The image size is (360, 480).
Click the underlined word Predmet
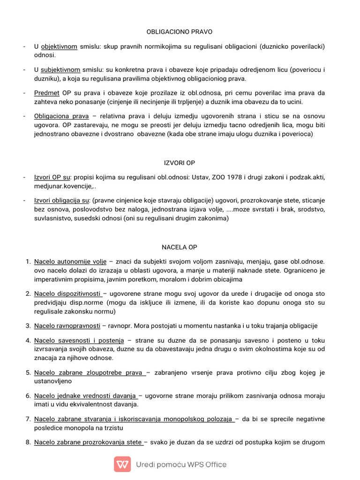tap(46, 93)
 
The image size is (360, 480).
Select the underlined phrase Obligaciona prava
tap(61, 116)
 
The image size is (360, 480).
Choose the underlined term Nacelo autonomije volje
tap(70, 261)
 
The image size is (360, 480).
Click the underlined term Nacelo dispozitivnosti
tap(68, 293)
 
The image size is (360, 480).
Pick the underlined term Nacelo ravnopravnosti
tap(67, 326)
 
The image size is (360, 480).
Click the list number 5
tap(28, 373)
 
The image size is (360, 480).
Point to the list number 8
tap(28, 442)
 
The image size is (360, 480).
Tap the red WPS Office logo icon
tap(122, 464)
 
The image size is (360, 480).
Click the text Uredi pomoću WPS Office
tap(181, 465)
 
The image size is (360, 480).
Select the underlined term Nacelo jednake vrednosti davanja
tap(85, 396)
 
